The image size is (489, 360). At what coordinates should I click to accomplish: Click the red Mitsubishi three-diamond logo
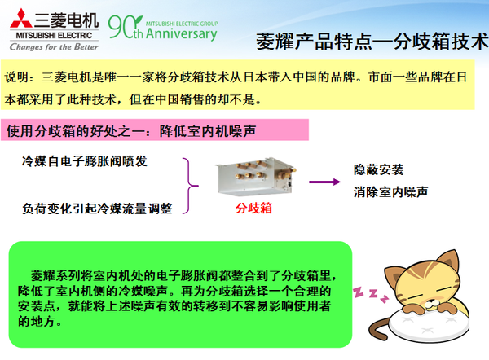point(19,19)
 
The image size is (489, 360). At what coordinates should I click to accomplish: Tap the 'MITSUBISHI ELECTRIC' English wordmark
point(50,35)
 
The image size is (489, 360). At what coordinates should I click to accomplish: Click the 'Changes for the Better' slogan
point(49,46)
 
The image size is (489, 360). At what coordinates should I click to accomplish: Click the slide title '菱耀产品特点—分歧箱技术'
point(370,41)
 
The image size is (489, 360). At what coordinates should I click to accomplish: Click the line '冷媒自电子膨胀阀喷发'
point(85,161)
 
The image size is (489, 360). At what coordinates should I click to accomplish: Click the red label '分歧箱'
point(253,209)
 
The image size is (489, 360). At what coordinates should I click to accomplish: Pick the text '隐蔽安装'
point(379,169)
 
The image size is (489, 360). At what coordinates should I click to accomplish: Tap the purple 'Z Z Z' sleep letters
point(364,291)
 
